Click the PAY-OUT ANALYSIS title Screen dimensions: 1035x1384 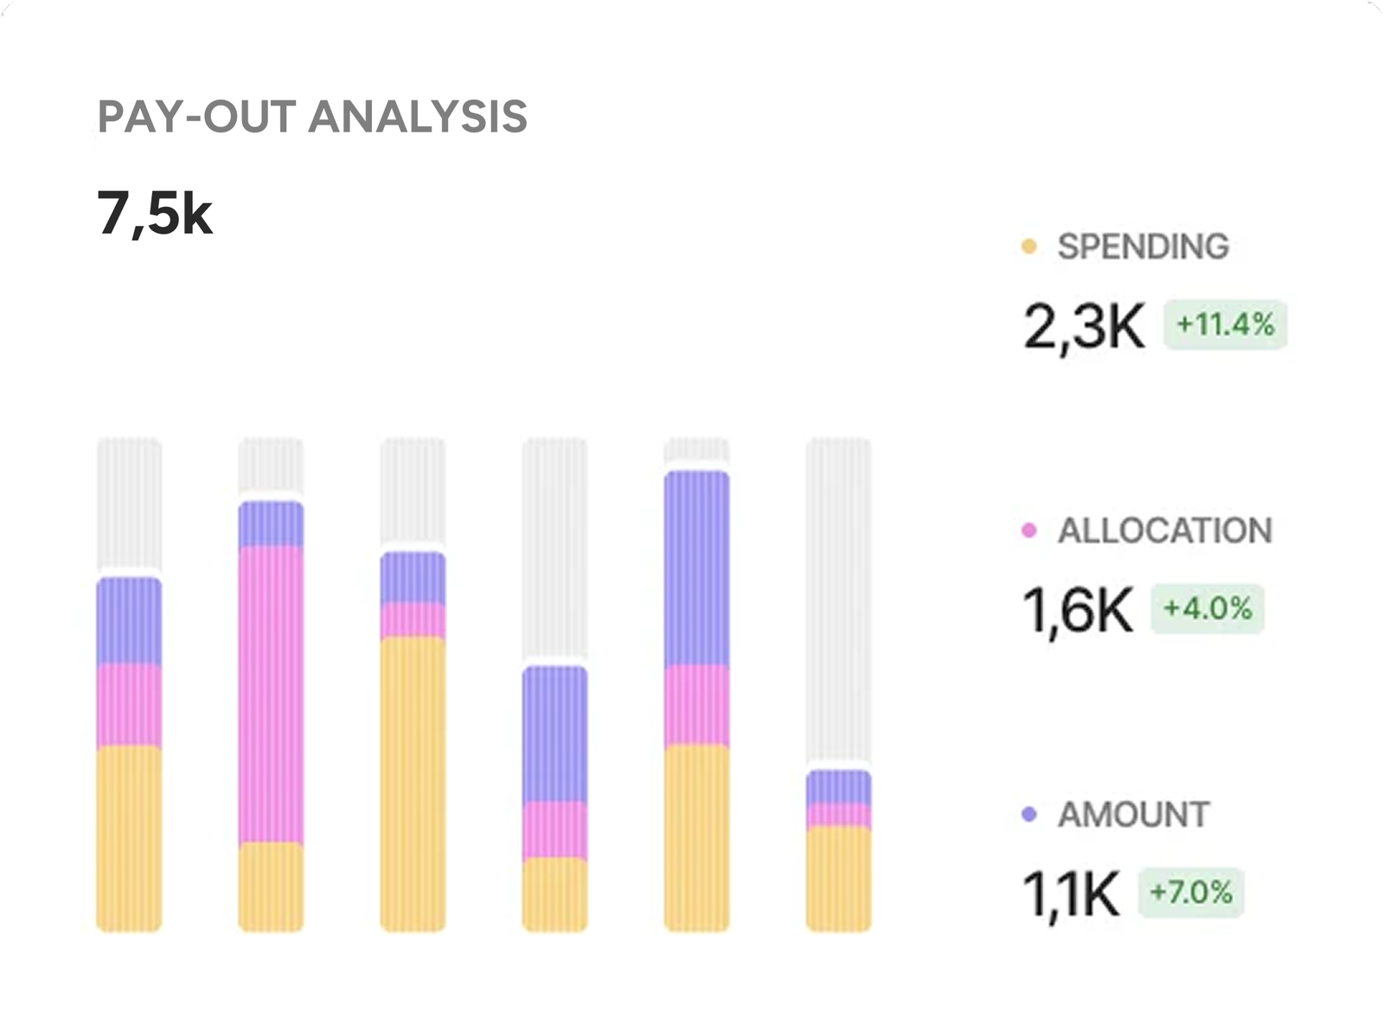pos(312,118)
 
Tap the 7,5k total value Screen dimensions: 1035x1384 pos(155,213)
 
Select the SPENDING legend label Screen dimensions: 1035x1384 pos(1143,247)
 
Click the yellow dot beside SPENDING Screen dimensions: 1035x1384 pos(1028,247)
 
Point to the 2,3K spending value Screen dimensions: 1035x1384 pos(1083,326)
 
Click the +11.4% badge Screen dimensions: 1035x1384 pos(1225,325)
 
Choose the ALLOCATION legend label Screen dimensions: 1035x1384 pos(1164,530)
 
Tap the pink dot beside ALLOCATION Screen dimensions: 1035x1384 pos(1028,530)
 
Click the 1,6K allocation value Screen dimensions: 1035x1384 pos(1077,610)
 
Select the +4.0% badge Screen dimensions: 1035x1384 pos(1208,609)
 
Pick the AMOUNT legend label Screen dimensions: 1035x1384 pos(1133,814)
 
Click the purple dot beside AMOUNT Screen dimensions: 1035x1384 pos(1028,814)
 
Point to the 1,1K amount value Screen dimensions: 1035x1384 pos(1071,894)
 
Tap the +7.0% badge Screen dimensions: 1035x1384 pos(1191,892)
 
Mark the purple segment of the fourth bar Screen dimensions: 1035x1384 pos(554,734)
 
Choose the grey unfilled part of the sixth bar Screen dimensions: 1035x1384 pos(838,602)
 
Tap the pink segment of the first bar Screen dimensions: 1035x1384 pos(129,704)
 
